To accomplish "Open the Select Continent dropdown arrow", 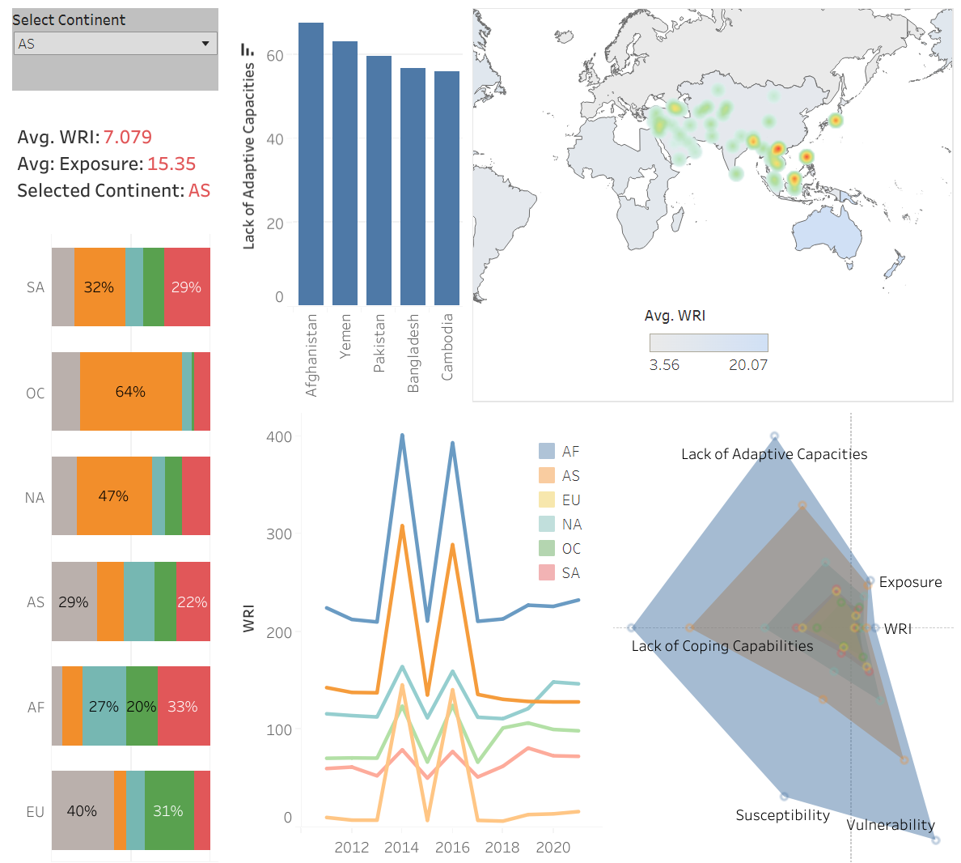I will pyautogui.click(x=205, y=44).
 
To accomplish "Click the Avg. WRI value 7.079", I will pyautogui.click(x=128, y=138).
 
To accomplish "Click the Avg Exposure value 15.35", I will pyautogui.click(x=171, y=164).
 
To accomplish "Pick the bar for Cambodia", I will pyautogui.click(x=447, y=188).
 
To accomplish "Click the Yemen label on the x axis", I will pyautogui.click(x=345, y=337).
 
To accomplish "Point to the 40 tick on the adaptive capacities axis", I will pyautogui.click(x=275, y=139).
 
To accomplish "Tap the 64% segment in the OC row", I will pyautogui.click(x=131, y=392).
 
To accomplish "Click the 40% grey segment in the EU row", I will pyautogui.click(x=83, y=811).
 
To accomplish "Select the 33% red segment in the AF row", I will pyautogui.click(x=184, y=706).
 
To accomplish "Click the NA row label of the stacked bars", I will pyautogui.click(x=35, y=498).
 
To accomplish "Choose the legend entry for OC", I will pyautogui.click(x=571, y=549).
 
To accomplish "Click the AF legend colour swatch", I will pyautogui.click(x=547, y=452).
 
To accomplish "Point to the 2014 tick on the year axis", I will pyautogui.click(x=401, y=847).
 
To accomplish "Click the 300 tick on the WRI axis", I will pyautogui.click(x=279, y=534).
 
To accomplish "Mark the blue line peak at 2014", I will pyautogui.click(x=402, y=436).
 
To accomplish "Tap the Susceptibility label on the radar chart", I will pyautogui.click(x=782, y=815).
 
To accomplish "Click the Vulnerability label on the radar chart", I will pyautogui.click(x=891, y=825).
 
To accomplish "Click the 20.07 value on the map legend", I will pyautogui.click(x=748, y=365).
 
